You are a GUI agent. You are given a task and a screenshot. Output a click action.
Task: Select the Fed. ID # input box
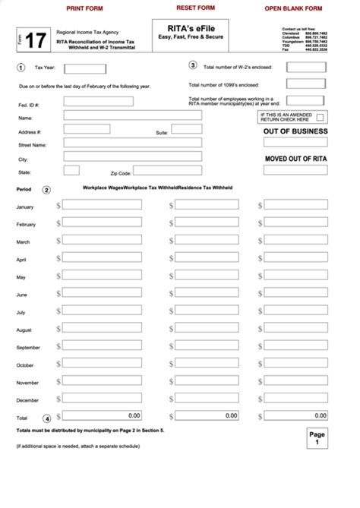point(98,102)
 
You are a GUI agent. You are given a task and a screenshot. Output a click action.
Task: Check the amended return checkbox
point(320,117)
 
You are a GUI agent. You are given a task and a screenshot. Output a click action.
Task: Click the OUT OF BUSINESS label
point(295,131)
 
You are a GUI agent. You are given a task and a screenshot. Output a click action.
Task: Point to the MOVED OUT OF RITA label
point(295,159)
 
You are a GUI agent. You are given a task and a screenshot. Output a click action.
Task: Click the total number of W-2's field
point(307,67)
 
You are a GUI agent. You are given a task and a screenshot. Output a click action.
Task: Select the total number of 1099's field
point(307,84)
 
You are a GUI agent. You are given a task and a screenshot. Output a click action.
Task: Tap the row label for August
point(24,330)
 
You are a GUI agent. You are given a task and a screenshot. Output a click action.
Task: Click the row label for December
point(27,400)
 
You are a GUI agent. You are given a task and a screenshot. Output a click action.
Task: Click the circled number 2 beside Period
point(47,190)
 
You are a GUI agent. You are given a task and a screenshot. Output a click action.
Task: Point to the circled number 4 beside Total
point(47,418)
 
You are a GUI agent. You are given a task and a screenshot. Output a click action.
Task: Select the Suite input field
point(186,129)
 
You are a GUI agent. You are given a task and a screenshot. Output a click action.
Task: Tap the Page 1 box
point(317,438)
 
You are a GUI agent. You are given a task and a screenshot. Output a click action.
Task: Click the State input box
point(71,170)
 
